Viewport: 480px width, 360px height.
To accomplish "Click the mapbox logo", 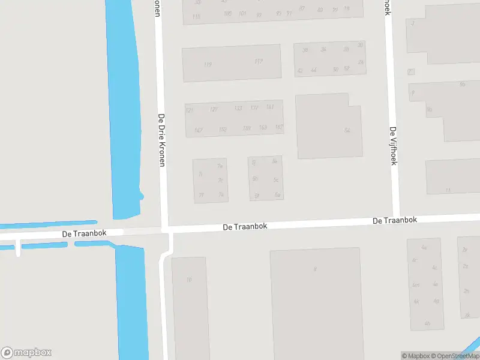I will click(x=26, y=353).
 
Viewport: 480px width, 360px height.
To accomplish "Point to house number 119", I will click(x=208, y=65).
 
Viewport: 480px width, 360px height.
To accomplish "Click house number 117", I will click(x=258, y=61).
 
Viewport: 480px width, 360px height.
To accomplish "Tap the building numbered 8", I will click(x=314, y=269).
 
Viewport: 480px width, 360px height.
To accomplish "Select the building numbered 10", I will click(x=189, y=280).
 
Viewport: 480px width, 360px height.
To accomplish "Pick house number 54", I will click(x=347, y=130).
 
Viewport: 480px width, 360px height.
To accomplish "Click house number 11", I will click(x=448, y=190).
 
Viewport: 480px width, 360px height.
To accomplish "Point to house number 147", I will click(x=198, y=130).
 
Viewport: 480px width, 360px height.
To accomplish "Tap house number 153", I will click(x=223, y=130).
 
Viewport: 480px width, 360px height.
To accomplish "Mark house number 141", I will click(x=269, y=107).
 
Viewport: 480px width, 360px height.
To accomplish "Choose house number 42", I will click(x=299, y=71).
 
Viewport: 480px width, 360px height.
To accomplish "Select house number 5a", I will click(x=277, y=195).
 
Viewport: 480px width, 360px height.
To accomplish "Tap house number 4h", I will click(x=427, y=323).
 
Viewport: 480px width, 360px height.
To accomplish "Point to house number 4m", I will click(x=415, y=285).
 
